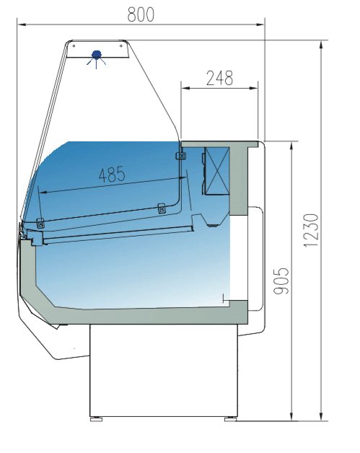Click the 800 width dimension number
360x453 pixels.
pos(141,14)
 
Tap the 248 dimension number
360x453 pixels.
pos(219,78)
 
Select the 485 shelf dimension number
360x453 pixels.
pos(112,175)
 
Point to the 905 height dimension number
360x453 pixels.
pos(281,281)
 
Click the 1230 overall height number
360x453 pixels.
pos(311,231)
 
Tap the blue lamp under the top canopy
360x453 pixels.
pos(96,55)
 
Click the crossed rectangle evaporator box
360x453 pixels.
pos(217,171)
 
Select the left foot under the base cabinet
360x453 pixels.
pos(96,419)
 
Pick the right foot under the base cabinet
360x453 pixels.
pos(231,419)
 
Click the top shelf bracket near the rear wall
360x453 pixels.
pos(181,156)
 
